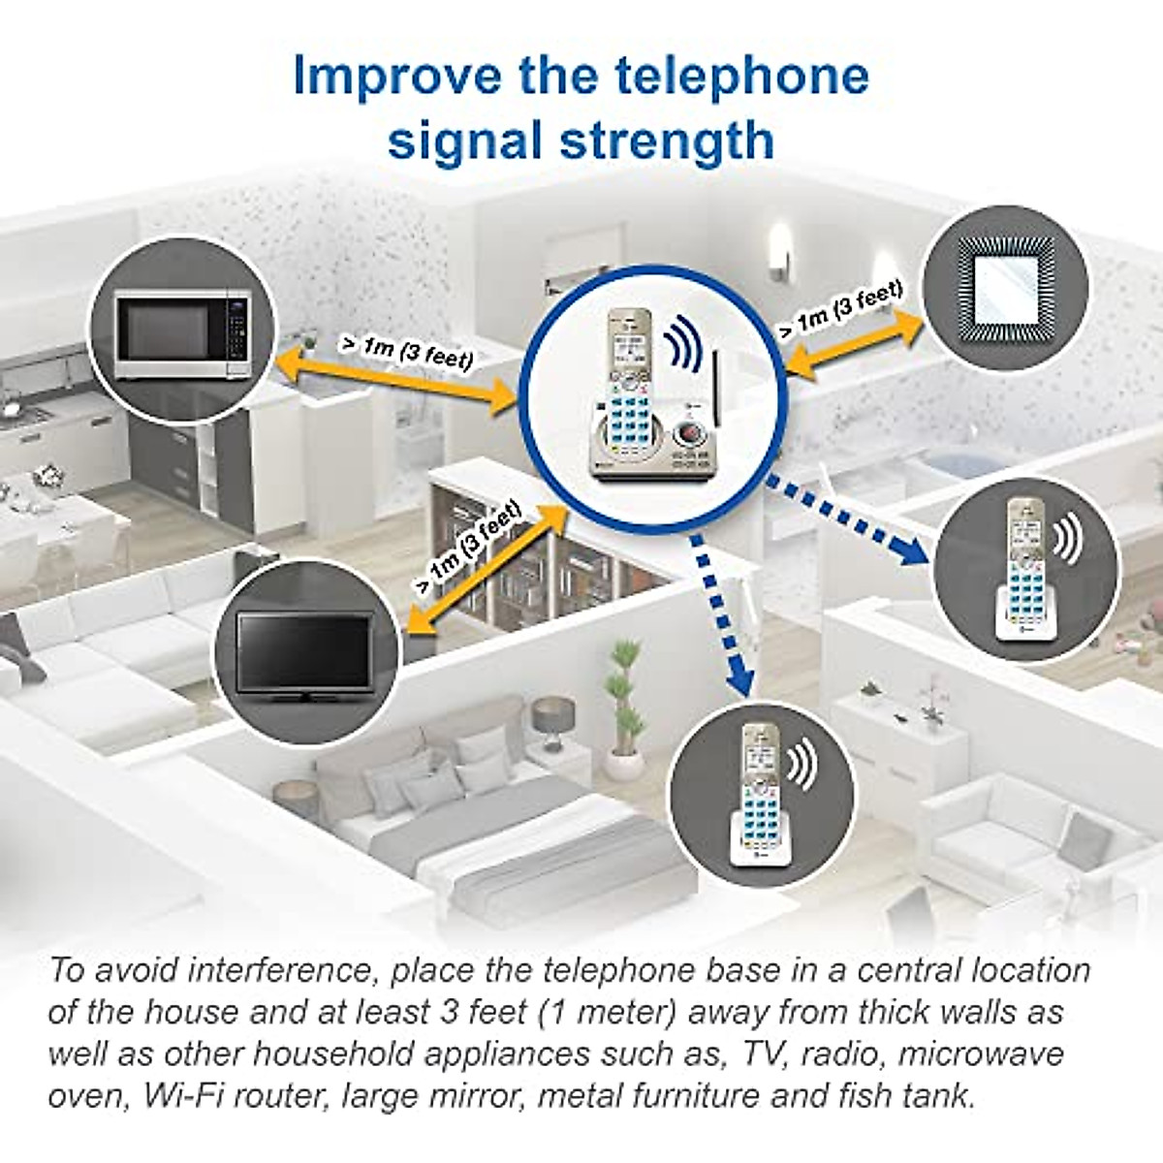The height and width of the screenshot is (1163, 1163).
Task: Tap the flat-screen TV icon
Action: click(x=304, y=652)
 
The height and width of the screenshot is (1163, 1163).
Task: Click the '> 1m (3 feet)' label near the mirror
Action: click(x=840, y=307)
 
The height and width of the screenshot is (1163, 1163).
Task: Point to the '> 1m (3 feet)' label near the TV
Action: click(x=467, y=544)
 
